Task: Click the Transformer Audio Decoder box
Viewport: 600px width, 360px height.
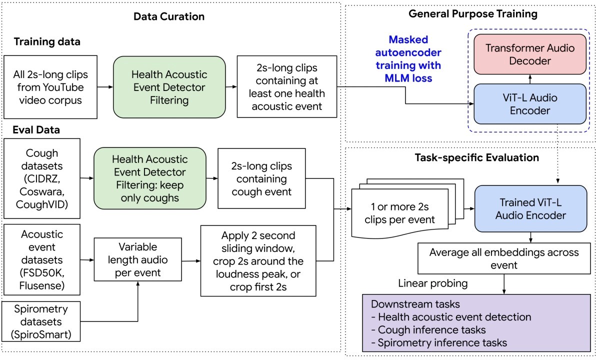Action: click(530, 54)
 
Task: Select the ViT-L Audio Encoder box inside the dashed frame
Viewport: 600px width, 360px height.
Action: click(530, 104)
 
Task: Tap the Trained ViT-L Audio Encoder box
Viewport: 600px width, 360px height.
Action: click(530, 208)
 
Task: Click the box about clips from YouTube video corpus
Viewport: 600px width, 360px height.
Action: click(50, 87)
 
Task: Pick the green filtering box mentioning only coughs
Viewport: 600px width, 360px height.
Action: click(149, 178)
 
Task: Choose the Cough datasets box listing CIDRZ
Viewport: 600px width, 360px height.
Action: click(42, 178)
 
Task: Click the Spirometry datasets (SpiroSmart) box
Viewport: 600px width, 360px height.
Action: click(41, 321)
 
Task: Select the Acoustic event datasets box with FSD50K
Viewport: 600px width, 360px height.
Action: click(42, 260)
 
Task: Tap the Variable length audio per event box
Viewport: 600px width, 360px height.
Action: click(137, 259)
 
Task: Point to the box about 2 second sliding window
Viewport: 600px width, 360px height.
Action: click(258, 261)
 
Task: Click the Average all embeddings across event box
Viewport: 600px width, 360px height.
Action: click(504, 258)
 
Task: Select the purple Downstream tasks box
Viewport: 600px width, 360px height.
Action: click(476, 323)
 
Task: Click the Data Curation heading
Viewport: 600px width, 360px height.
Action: click(169, 16)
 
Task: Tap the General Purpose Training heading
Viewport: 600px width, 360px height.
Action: click(473, 14)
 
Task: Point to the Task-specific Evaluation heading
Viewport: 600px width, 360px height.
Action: click(477, 157)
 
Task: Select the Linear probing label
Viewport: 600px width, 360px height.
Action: click(433, 283)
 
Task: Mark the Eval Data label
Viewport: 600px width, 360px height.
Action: click(36, 130)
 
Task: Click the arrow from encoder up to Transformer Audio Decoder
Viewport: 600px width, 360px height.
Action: click(530, 79)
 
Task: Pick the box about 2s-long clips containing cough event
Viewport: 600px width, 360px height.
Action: click(261, 178)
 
